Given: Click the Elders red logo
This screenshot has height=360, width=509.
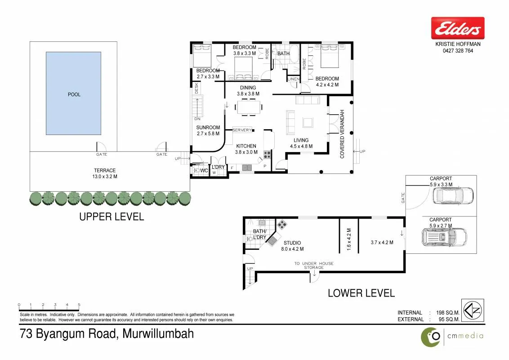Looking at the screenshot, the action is (458, 28).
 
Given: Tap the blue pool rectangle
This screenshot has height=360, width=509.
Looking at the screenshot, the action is (73, 93).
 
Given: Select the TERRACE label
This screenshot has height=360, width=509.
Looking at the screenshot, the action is (105, 170).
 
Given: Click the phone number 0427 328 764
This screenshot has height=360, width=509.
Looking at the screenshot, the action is (458, 51).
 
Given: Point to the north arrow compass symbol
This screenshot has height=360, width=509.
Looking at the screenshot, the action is (473, 310).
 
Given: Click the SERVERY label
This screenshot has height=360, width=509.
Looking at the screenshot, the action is (242, 130).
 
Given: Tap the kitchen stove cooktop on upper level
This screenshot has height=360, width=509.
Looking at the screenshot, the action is (267, 155).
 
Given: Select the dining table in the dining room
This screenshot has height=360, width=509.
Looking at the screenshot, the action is (249, 108).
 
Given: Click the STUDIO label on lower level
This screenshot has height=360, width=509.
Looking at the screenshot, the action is (292, 243).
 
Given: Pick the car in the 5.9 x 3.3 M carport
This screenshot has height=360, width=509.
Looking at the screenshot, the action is (453, 195).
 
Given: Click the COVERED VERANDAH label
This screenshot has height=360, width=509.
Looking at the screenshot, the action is (342, 134).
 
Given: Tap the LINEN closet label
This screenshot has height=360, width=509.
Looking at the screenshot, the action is (294, 79).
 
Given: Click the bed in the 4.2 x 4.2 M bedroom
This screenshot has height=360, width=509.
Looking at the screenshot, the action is (330, 56).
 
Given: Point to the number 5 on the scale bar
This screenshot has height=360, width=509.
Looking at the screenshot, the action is (79, 305).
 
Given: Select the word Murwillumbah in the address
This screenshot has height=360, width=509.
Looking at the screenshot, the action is (158, 334).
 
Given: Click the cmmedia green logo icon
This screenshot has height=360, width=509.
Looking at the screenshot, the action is (431, 337).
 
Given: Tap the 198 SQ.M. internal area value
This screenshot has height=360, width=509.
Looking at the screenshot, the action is (448, 313).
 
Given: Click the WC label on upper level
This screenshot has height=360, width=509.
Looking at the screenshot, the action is (204, 171).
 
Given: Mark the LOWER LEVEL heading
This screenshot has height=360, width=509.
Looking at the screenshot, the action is (362, 293).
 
